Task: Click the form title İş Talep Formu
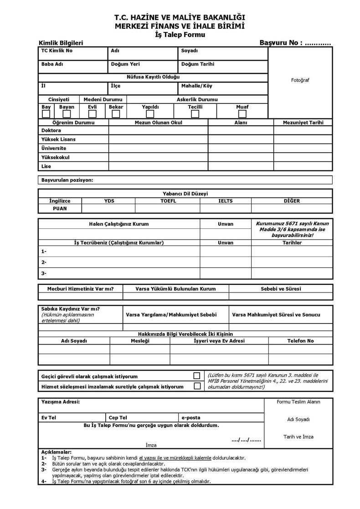point(180,35)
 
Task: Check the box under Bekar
point(116,114)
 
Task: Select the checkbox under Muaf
point(242,114)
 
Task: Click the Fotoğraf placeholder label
point(300,80)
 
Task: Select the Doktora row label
point(51,130)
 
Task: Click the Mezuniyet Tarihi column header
point(303,123)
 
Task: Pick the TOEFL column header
point(168,201)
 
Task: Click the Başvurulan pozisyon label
point(67,180)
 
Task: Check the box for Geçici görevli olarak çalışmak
point(197,376)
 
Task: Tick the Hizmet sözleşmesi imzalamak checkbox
point(197,386)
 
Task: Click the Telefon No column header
point(300,341)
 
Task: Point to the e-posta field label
point(190,417)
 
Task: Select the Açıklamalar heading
point(57,451)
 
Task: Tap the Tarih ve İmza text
point(298,437)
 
